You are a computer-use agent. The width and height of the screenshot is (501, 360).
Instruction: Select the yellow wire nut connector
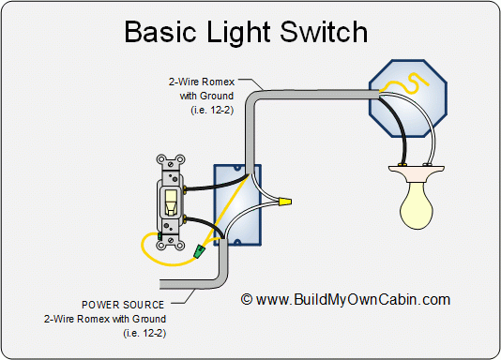tap(284, 201)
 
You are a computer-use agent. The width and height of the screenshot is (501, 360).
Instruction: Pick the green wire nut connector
tap(199, 252)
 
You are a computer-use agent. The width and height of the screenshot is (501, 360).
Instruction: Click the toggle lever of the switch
tap(171, 200)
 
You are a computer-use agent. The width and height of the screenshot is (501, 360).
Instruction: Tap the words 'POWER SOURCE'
tap(123, 305)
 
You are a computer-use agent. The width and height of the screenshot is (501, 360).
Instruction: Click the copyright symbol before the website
tap(247, 300)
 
